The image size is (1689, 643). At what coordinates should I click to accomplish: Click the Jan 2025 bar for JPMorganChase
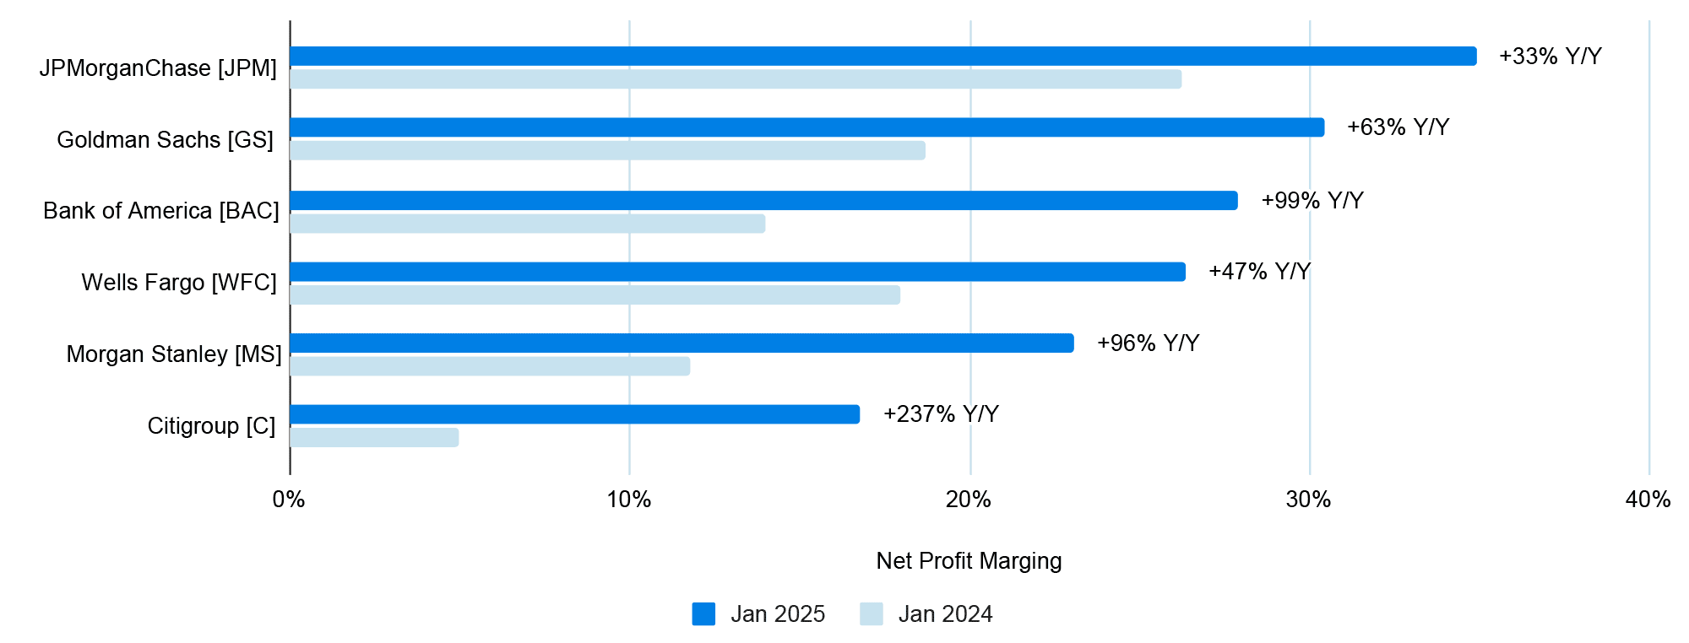[883, 57]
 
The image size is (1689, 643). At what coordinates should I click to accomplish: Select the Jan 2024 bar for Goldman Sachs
[607, 151]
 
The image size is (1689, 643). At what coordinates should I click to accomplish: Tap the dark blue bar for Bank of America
[763, 201]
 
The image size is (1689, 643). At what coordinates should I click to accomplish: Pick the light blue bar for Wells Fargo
[595, 295]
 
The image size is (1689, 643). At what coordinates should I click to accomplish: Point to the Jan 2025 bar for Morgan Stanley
[682, 343]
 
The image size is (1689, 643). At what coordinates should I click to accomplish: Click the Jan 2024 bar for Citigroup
[374, 438]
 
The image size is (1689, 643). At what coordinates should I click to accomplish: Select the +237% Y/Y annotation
[941, 414]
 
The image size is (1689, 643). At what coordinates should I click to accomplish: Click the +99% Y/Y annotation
[1312, 201]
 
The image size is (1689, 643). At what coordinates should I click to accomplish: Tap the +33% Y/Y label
[1550, 57]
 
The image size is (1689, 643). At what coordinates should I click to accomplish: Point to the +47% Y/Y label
[1259, 272]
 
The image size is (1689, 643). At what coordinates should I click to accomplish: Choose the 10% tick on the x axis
[629, 500]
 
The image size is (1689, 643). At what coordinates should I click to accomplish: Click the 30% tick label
[1308, 500]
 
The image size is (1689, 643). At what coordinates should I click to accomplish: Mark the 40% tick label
[1648, 500]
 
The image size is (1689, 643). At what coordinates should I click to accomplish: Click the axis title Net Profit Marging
[969, 561]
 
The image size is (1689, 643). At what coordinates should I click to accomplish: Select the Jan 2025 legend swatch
[703, 614]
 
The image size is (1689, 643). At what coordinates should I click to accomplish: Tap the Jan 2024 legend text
[945, 614]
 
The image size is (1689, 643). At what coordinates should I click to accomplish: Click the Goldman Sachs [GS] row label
[166, 139]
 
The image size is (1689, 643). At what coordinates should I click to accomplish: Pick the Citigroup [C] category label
[211, 426]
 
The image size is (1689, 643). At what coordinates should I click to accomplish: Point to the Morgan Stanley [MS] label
[174, 354]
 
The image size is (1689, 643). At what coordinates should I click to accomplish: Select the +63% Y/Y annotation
[1398, 127]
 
